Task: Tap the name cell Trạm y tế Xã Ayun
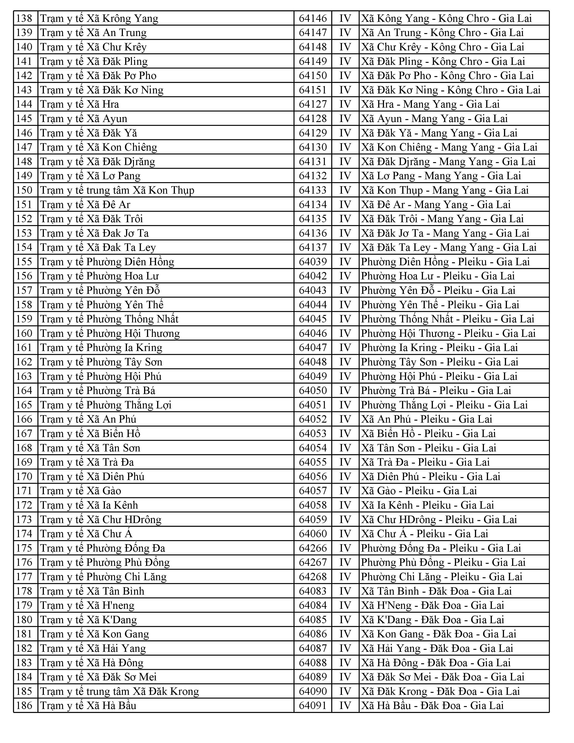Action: (x=84, y=119)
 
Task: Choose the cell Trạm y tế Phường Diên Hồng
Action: (x=107, y=262)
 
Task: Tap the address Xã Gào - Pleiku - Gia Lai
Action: (x=419, y=491)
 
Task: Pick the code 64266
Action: (x=312, y=548)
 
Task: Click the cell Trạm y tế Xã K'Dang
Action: (x=88, y=620)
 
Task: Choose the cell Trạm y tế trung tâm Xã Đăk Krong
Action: (x=119, y=691)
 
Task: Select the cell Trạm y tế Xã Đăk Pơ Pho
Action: (x=98, y=75)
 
